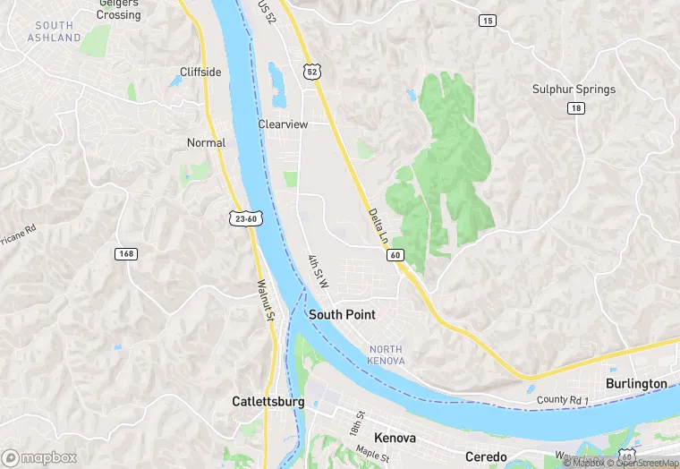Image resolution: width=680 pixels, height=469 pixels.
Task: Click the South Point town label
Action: (x=342, y=315)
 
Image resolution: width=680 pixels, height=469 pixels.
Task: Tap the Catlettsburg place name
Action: (x=268, y=402)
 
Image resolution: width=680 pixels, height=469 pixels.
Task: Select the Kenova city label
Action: (x=395, y=439)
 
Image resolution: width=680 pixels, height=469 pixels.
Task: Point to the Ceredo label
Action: (x=486, y=457)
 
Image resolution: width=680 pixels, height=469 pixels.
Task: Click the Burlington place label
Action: (x=636, y=383)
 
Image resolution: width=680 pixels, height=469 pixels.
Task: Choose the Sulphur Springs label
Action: (x=574, y=90)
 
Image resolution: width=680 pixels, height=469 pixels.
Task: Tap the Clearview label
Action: (x=283, y=124)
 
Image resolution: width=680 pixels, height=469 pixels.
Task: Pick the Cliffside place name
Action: (x=200, y=72)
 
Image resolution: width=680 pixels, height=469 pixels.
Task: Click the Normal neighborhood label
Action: (x=206, y=142)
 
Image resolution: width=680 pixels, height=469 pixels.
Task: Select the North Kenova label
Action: (x=386, y=354)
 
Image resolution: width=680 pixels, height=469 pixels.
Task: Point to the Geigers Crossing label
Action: (x=119, y=9)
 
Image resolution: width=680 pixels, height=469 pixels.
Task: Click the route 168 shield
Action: (x=126, y=254)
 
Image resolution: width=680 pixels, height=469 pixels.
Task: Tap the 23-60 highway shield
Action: (x=244, y=218)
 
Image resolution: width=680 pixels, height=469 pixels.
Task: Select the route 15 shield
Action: (x=487, y=20)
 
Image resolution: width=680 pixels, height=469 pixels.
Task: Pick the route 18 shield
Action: (x=575, y=107)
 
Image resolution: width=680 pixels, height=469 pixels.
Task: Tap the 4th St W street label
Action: (x=319, y=271)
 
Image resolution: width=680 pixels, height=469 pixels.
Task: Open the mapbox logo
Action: (x=39, y=457)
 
